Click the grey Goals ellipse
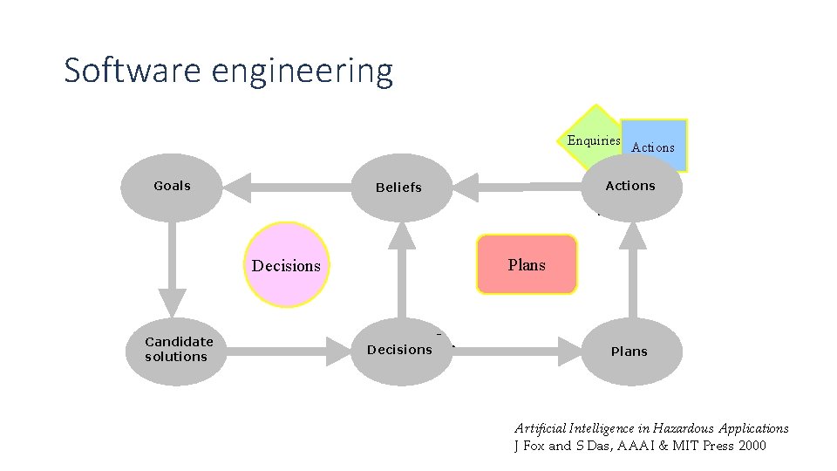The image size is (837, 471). (x=172, y=187)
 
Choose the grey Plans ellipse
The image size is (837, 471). (x=629, y=352)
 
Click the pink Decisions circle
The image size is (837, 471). (x=286, y=265)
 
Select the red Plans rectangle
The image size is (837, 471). (x=527, y=264)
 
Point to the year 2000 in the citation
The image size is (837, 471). (x=751, y=446)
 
